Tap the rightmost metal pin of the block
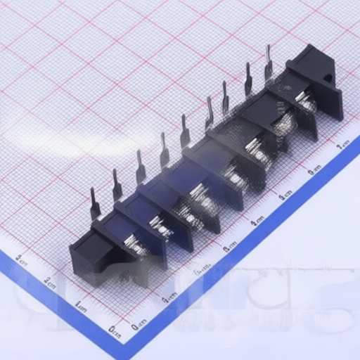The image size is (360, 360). [x=268, y=64]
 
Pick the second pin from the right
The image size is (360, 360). [x=247, y=79]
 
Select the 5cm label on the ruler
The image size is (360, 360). [x=285, y=195]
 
